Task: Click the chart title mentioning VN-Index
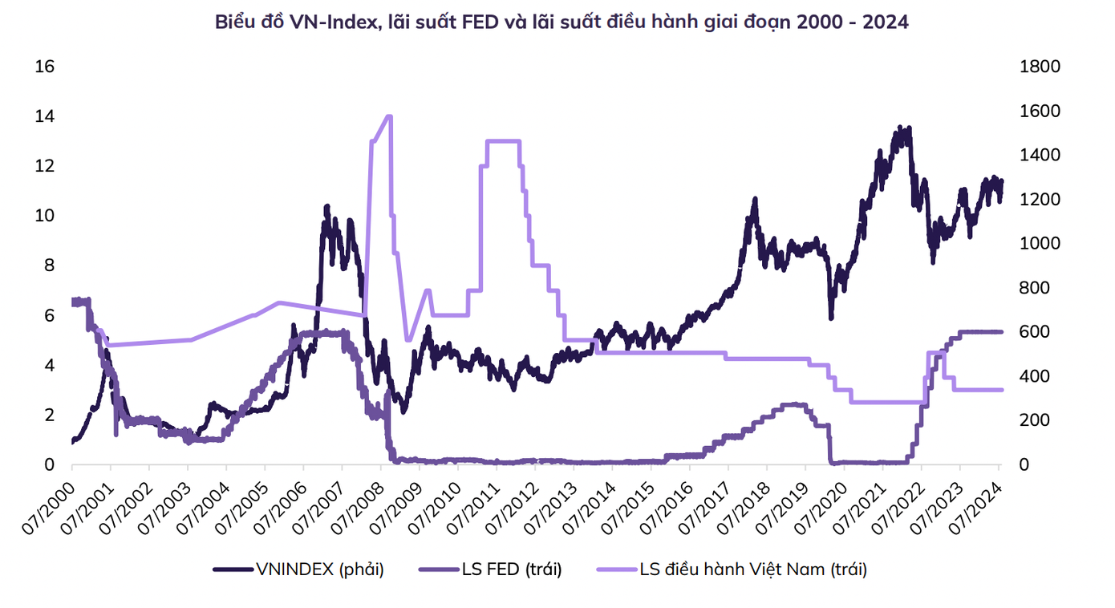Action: (x=562, y=22)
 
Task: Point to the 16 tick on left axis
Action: (x=45, y=67)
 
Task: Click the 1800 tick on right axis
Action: (x=1040, y=67)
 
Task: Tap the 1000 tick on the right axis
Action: (x=1040, y=243)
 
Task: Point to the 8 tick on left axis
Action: (x=49, y=265)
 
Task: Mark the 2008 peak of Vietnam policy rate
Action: (x=389, y=116)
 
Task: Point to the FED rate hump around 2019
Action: (x=793, y=404)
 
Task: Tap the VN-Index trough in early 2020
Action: (x=831, y=317)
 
